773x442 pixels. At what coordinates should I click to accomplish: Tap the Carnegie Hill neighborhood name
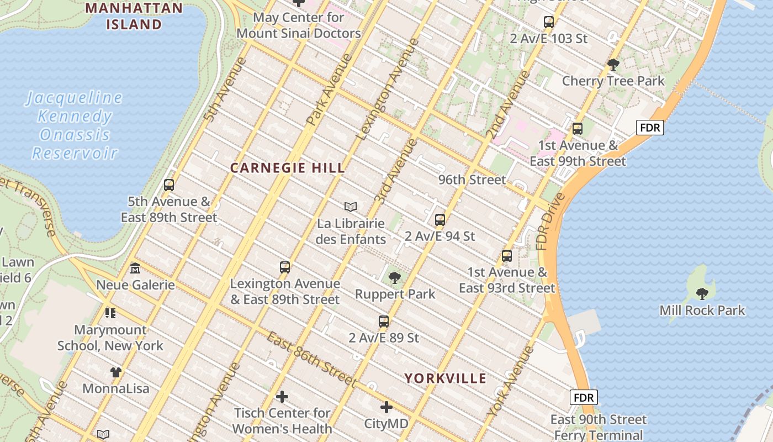(287, 168)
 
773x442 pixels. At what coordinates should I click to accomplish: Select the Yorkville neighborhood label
(446, 378)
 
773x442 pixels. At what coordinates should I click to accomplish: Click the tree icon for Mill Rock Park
(702, 293)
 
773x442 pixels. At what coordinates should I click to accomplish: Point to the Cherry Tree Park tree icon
(613, 64)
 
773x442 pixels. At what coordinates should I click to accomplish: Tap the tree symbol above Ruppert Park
(394, 277)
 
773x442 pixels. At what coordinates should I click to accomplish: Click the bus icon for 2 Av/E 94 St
(440, 219)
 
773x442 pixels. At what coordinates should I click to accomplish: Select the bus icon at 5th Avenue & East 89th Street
(169, 185)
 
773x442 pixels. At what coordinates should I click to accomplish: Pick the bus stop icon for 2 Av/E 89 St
(383, 321)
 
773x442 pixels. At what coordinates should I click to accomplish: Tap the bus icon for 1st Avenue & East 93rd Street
(506, 256)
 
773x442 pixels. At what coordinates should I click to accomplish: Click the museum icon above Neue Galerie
(135, 269)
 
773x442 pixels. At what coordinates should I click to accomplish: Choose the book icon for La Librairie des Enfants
(351, 207)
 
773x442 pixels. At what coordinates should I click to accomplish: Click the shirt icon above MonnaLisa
(115, 372)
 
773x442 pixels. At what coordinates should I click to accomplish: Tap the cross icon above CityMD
(386, 408)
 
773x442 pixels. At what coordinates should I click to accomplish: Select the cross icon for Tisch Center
(282, 397)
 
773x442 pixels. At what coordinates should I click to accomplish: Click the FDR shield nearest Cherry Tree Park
(650, 128)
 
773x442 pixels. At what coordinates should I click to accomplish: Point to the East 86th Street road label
(312, 359)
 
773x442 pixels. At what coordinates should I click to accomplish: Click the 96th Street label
(472, 180)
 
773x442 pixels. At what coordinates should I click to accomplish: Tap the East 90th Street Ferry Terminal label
(599, 427)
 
